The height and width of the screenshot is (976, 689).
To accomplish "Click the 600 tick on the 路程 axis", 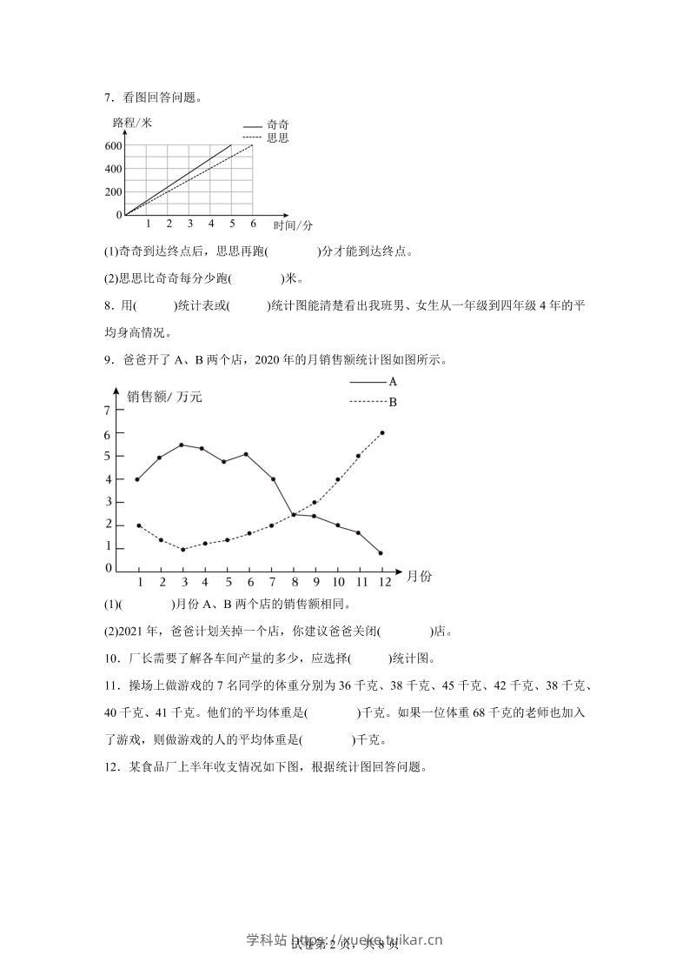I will click(113, 145).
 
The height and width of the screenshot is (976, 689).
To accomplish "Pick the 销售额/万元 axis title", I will click(164, 397).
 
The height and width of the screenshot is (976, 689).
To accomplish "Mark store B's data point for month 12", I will click(382, 432).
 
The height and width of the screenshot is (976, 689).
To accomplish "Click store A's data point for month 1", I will click(137, 479).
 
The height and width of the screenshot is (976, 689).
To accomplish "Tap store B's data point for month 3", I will click(182, 549).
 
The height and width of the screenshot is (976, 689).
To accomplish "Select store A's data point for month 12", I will click(381, 552).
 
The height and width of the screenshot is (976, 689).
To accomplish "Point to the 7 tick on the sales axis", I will click(108, 410).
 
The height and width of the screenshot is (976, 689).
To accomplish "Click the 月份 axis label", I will click(420, 576).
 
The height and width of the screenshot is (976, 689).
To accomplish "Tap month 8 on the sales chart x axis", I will click(294, 582).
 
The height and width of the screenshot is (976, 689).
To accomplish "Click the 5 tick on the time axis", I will click(232, 224).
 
